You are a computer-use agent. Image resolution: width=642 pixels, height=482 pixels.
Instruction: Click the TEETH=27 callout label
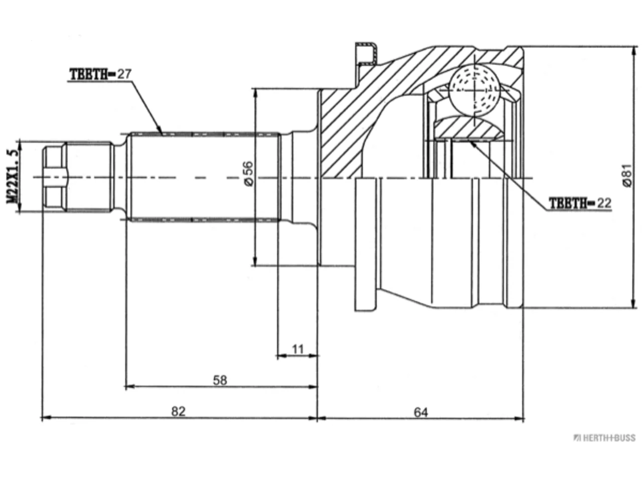click(x=100, y=74)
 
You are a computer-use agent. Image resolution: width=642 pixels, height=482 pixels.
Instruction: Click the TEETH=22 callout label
click(x=580, y=203)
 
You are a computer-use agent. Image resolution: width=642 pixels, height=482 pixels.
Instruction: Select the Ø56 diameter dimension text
click(x=248, y=174)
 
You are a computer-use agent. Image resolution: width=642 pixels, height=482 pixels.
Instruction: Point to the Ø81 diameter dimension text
click(x=627, y=176)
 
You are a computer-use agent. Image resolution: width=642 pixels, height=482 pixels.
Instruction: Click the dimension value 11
click(x=298, y=349)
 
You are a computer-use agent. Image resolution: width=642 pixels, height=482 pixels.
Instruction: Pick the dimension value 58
click(x=220, y=380)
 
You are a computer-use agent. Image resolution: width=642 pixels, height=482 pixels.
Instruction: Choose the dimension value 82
click(x=178, y=412)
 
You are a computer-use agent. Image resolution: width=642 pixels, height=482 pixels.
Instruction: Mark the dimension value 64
click(x=421, y=412)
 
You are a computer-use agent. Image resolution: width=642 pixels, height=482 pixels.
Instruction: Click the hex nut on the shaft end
click(x=55, y=177)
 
